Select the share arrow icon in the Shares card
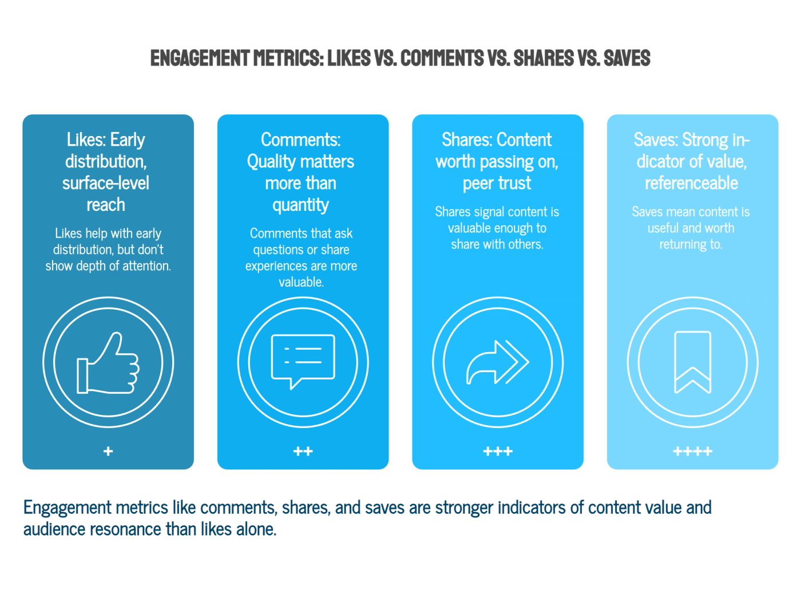coord(497,362)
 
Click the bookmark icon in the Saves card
coord(692,362)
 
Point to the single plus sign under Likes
coord(108,452)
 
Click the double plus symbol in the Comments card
coord(303,452)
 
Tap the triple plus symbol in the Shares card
coord(498,452)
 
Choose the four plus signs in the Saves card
coord(692,452)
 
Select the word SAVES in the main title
coord(626,58)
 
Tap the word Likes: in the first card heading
coord(86,139)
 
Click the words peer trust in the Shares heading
coord(497,183)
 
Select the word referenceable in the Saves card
coord(691,183)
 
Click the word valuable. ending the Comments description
coord(301,282)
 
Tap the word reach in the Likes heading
coord(106,205)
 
